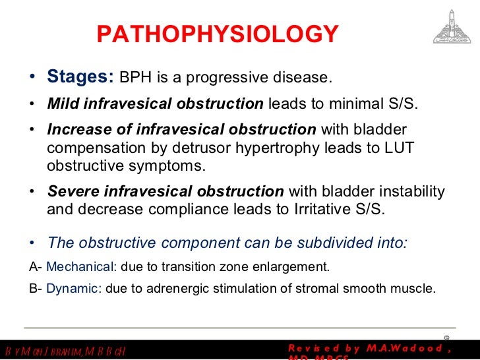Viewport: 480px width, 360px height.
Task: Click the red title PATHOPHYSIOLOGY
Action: click(218, 34)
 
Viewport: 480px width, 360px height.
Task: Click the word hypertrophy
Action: click(261, 148)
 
